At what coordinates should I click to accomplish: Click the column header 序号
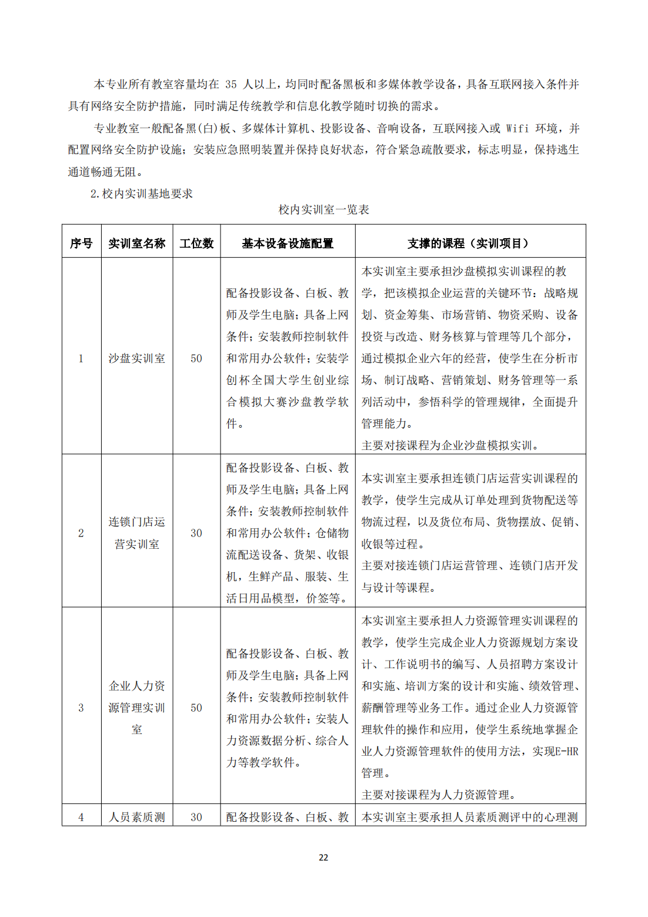pos(81,243)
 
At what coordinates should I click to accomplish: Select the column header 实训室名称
pos(137,243)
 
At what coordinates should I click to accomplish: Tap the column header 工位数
pos(196,243)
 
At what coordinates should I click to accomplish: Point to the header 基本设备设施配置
pos(288,243)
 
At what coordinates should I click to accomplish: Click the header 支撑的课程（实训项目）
pos(470,243)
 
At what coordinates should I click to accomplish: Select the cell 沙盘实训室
pos(137,358)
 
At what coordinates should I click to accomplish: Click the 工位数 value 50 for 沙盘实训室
pos(196,358)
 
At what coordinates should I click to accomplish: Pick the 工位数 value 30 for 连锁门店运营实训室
pos(196,533)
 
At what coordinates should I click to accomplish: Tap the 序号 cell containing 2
pos(81,533)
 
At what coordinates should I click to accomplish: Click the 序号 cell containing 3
pos(81,708)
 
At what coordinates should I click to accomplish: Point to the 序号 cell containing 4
pos(81,817)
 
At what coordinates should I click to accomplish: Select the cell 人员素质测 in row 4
pos(137,817)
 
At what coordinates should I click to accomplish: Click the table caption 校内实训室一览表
pos(323,209)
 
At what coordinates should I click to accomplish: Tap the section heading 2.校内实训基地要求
pos(142,194)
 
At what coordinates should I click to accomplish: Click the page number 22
pos(323,858)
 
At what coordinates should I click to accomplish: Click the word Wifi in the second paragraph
pos(517,128)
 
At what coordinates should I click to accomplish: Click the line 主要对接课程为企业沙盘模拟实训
pos(450,445)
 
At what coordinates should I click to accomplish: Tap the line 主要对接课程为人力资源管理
pos(439,795)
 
